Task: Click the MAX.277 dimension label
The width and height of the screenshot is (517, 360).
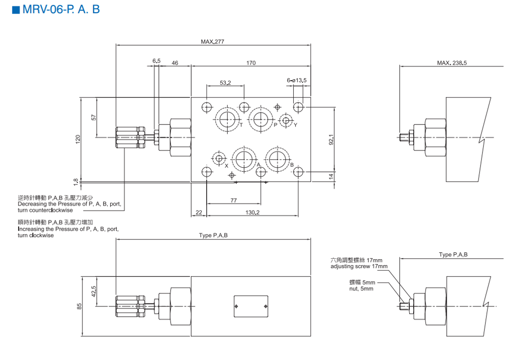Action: pyautogui.click(x=213, y=41)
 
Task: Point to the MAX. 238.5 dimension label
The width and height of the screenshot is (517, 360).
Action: pyautogui.click(x=452, y=63)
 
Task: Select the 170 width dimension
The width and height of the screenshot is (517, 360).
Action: pyautogui.click(x=251, y=62)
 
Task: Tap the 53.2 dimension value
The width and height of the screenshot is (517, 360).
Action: pyautogui.click(x=225, y=83)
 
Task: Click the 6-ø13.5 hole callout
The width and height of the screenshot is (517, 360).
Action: pyautogui.click(x=297, y=80)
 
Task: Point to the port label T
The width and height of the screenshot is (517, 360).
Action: pyautogui.click(x=241, y=125)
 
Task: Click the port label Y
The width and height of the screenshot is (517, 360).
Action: pyautogui.click(x=296, y=125)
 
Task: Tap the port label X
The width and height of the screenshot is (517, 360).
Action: pyautogui.click(x=227, y=166)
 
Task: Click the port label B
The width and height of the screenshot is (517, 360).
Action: pyautogui.click(x=292, y=165)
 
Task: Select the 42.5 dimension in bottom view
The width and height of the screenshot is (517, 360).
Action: pyautogui.click(x=93, y=291)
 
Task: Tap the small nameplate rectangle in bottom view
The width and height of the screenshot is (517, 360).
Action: pyautogui.click(x=251, y=307)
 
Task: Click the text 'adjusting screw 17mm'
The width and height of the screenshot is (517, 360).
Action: pyautogui.click(x=359, y=267)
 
